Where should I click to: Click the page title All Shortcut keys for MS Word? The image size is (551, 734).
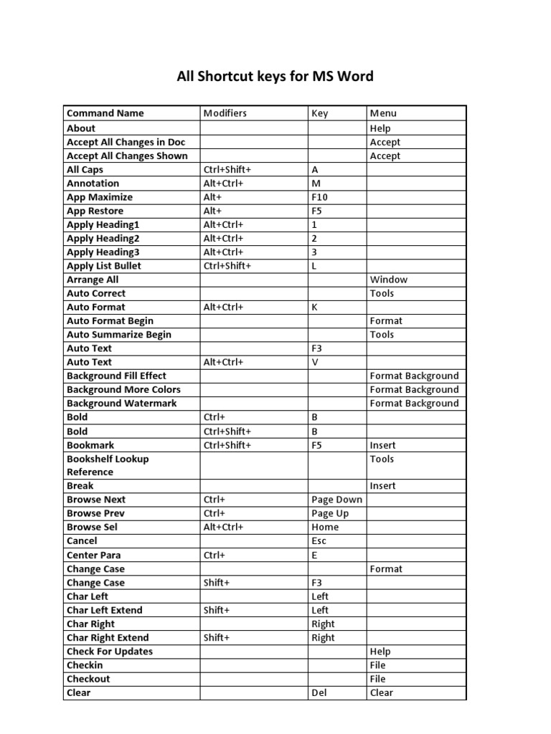pos(275,76)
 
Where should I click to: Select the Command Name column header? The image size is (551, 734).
pos(105,113)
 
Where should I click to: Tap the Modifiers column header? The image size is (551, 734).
pos(225,113)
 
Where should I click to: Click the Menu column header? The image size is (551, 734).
pos(383,113)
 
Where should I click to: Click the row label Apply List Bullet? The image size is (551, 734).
pos(103,266)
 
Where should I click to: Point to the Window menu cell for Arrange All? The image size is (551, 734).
pos(388,280)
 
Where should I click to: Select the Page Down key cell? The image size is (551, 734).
pos(336,500)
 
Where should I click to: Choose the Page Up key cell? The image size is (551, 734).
pos(331,513)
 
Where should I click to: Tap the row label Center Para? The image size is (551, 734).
pos(93,555)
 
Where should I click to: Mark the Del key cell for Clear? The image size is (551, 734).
pos(319,693)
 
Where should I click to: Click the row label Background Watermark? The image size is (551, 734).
pos(121,404)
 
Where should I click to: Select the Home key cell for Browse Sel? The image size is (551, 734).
pos(325,527)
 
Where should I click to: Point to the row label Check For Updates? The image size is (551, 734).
pos(109,652)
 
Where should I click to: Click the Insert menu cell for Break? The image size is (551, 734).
pos(382,486)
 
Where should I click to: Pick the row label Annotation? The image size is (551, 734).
pos(93,183)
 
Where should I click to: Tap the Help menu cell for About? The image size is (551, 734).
pos(380,128)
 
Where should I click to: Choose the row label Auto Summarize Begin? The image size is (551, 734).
pos(119,335)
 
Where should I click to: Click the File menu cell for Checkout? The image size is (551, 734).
pos(377,679)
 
